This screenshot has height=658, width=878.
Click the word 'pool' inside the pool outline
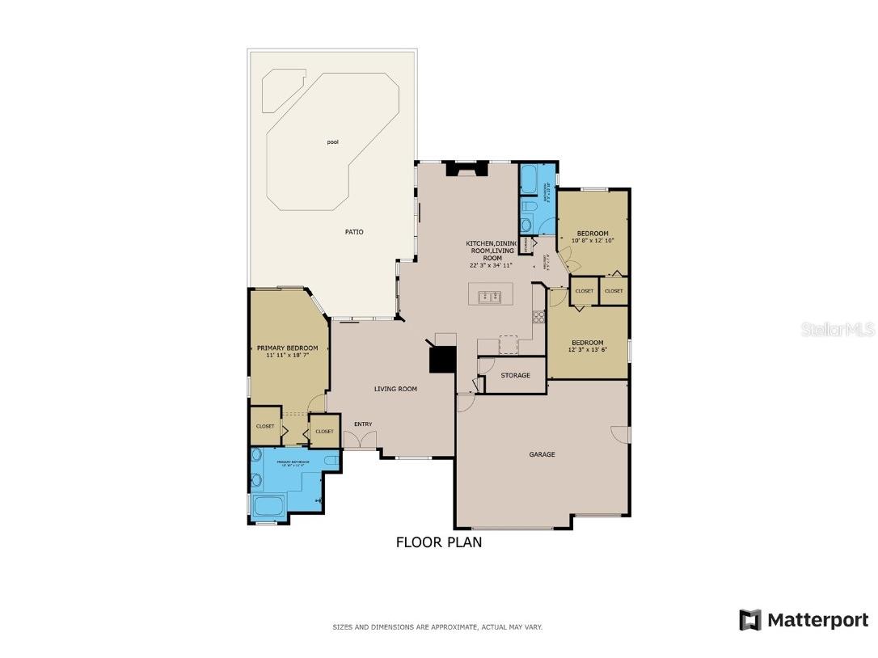click(332, 142)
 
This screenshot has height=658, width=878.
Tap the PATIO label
click(354, 232)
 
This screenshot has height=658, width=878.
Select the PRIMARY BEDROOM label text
click(287, 348)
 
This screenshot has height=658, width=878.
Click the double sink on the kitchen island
click(490, 296)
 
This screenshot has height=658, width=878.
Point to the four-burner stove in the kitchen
click(538, 316)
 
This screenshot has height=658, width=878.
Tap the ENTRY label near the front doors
click(363, 424)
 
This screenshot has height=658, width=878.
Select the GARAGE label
click(542, 454)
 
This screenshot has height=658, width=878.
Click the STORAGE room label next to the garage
click(515, 375)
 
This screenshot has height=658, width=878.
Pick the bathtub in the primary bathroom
click(268, 507)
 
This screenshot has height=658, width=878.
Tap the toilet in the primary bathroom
click(329, 461)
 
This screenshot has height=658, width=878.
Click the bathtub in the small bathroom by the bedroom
click(529, 179)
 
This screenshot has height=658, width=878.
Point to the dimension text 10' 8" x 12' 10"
click(593, 240)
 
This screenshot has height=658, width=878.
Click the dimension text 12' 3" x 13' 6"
click(587, 349)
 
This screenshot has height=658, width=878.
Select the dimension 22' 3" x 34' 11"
click(491, 265)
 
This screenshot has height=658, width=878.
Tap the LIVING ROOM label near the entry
click(395, 389)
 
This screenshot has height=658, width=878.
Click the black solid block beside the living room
click(442, 359)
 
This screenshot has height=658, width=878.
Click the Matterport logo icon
click(749, 620)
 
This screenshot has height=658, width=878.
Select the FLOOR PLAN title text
click(438, 542)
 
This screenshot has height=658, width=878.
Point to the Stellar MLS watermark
click(838, 330)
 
